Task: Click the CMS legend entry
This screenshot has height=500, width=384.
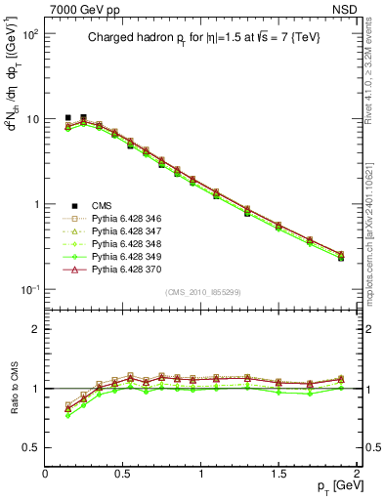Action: [102, 205]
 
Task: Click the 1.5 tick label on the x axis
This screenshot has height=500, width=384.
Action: [279, 473]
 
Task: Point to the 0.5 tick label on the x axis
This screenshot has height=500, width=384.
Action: [123, 473]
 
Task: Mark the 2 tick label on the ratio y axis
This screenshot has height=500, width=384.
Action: [34, 329]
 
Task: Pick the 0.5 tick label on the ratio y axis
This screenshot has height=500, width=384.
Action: [29, 447]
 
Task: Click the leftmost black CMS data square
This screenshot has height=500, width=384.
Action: [68, 118]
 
